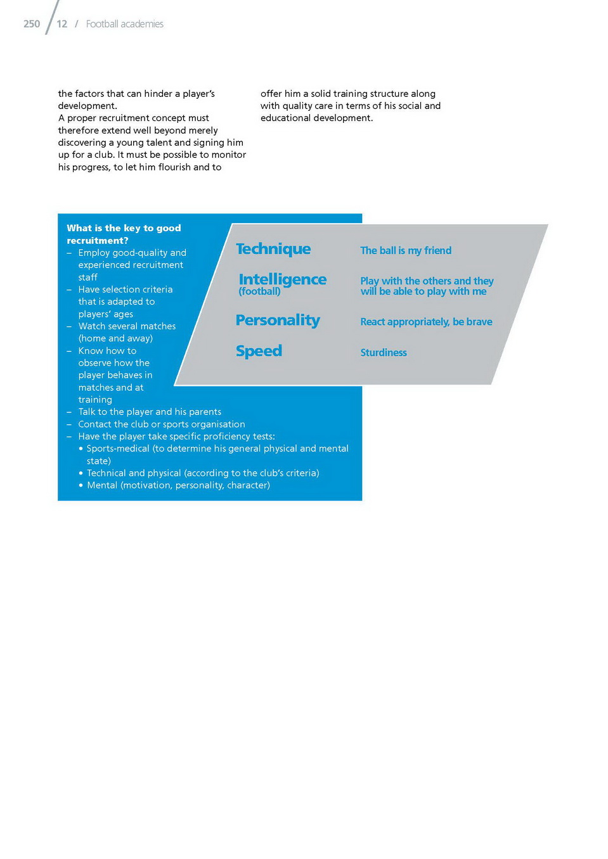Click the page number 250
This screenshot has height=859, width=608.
point(32,24)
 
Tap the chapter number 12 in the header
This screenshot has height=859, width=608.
point(61,24)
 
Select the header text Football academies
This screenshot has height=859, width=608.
point(124,24)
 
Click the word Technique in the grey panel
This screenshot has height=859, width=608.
point(273,249)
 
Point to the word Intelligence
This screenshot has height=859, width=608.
point(283,279)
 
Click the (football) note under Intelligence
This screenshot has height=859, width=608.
point(259,291)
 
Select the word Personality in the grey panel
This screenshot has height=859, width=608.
point(278,320)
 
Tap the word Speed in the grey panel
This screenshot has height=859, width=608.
point(259,351)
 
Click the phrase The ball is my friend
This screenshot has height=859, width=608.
point(406,251)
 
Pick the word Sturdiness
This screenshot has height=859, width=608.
point(384,353)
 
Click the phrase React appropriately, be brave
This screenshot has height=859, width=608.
point(426,322)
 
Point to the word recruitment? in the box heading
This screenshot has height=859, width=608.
point(98,241)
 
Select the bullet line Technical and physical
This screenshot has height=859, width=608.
point(202,473)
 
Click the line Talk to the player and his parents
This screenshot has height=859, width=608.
point(150,412)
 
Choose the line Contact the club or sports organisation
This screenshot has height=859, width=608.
point(161,424)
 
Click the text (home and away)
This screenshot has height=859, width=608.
point(115,338)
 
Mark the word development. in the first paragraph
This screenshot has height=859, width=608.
point(87,106)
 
